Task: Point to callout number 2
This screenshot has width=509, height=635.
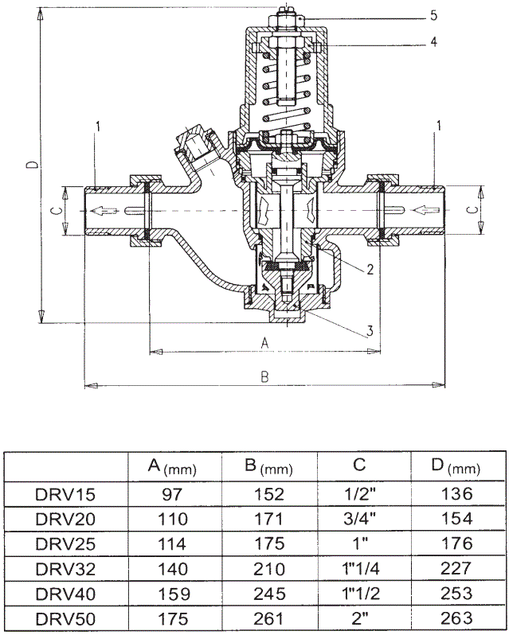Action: [370, 270]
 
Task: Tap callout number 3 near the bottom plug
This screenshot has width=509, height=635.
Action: [370, 330]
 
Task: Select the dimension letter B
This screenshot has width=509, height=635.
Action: [264, 377]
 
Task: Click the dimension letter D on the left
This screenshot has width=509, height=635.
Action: [30, 165]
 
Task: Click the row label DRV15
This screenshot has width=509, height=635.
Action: [65, 494]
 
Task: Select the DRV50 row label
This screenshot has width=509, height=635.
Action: [65, 617]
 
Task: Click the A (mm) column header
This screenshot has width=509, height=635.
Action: [172, 466]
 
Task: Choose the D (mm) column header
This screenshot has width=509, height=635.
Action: [456, 466]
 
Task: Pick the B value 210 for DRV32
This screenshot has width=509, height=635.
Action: [269, 568]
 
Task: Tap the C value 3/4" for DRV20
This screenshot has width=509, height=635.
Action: [362, 519]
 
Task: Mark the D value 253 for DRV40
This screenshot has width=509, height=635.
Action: [456, 593]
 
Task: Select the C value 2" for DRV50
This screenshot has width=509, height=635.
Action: [362, 617]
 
